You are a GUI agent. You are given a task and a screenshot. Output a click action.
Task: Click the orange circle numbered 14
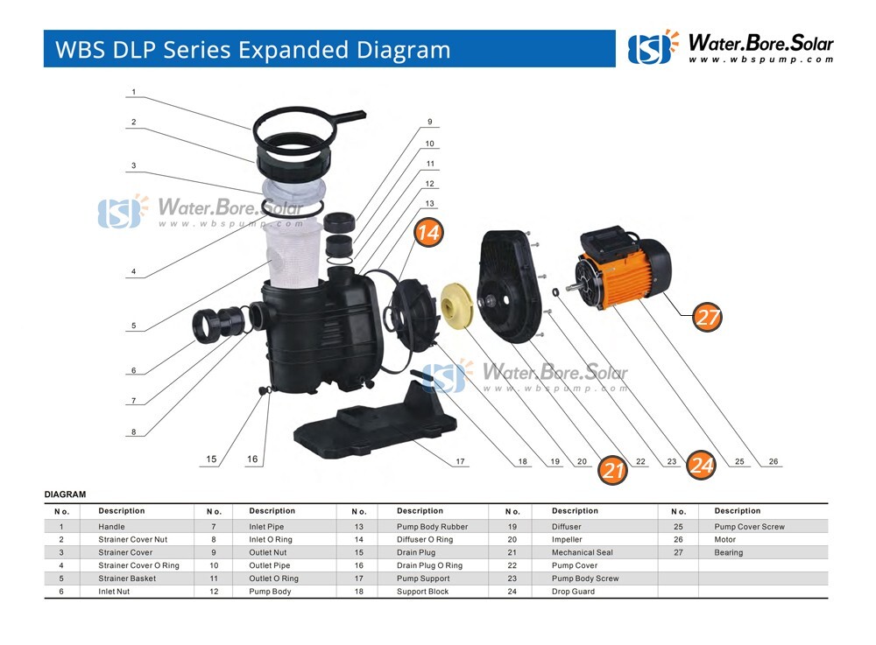(428, 233)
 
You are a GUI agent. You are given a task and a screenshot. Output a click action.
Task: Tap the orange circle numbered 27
(707, 317)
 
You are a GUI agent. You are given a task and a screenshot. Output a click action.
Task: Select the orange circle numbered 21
(613, 470)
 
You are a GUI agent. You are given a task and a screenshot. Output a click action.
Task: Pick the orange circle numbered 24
(701, 466)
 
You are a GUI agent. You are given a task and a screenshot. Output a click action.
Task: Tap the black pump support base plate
(377, 421)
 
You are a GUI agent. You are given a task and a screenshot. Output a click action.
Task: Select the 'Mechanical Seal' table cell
(582, 552)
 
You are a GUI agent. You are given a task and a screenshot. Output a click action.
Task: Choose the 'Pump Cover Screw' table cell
(749, 527)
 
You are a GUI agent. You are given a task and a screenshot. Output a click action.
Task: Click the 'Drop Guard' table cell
(573, 592)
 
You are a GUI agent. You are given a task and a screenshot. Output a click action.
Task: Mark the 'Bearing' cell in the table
(728, 552)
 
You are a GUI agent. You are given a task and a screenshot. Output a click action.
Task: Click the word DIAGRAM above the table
(65, 494)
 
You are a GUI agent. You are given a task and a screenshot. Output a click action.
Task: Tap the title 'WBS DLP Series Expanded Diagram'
(253, 49)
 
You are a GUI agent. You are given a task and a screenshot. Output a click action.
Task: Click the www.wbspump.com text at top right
(759, 60)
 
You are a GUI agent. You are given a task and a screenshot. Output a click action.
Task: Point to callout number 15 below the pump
(211, 459)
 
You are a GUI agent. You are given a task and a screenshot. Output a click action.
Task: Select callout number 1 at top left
(133, 92)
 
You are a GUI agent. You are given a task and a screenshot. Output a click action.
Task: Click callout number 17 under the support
(460, 461)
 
